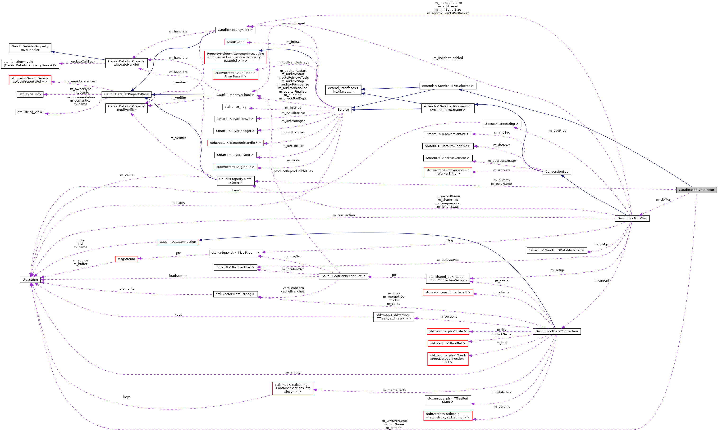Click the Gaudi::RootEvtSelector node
pyautogui.click(x=696, y=190)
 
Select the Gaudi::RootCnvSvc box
pyautogui.click(x=632, y=218)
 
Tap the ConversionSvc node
pyautogui.click(x=556, y=172)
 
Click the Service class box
pyautogui.click(x=343, y=110)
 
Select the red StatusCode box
pyautogui.click(x=235, y=42)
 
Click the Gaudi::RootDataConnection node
pyautogui.click(x=556, y=331)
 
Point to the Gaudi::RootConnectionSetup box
pyautogui.click(x=343, y=276)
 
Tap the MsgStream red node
pyautogui.click(x=126, y=259)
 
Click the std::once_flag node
pyautogui.click(x=235, y=107)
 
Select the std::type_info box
pyautogui.click(x=30, y=94)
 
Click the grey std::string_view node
pyautogui.click(x=30, y=112)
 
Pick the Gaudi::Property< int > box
pyautogui.click(x=235, y=30)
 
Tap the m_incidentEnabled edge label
pyautogui.click(x=448, y=58)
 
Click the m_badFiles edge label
pyautogui.click(x=557, y=131)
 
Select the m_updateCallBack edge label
pyautogui.click(x=81, y=62)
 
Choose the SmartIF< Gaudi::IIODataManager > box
pyautogui.click(x=556, y=250)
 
